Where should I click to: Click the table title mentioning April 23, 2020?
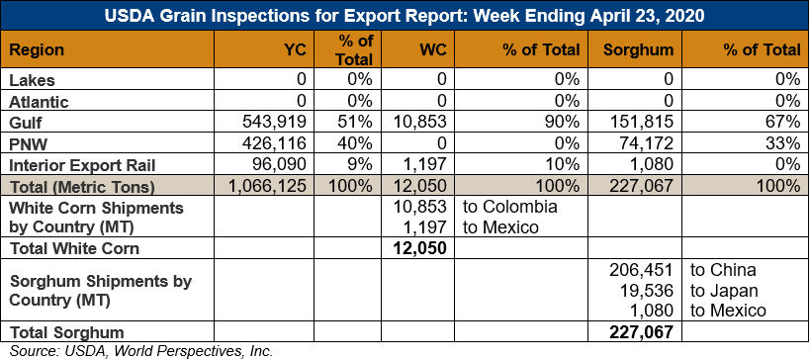[405, 15]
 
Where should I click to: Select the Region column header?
[37, 50]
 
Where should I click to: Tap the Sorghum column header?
[639, 50]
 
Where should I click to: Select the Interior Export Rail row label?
[83, 165]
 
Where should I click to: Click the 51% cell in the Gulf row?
[355, 122]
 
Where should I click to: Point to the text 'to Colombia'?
[510, 207]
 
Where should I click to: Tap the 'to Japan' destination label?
[724, 291]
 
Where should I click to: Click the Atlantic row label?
[39, 101]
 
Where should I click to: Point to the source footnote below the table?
[141, 351]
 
